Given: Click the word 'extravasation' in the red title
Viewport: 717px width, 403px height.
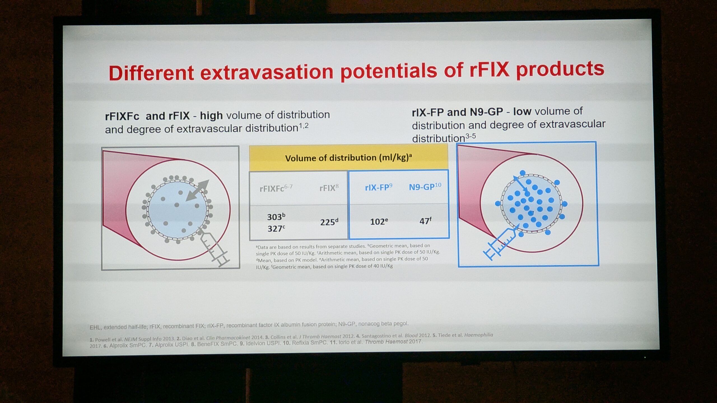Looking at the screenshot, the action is (267, 72).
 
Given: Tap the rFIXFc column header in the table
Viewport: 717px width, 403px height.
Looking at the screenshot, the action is (276, 188).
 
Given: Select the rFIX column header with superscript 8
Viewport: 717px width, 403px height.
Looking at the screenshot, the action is (329, 188).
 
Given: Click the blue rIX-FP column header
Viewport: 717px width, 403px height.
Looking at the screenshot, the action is (379, 187).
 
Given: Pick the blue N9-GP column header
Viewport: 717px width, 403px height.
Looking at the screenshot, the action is (425, 186).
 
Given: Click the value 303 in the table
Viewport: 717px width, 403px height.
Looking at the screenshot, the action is (276, 217).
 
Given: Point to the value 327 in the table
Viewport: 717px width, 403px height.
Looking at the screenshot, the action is (276, 228).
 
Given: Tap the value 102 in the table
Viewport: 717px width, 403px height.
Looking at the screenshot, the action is (379, 221).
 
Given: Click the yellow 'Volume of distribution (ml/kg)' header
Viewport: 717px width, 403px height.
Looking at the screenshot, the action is (348, 158).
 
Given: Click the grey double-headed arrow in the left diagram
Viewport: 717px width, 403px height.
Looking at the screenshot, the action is (197, 190).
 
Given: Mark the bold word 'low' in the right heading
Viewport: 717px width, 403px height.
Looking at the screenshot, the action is (522, 111).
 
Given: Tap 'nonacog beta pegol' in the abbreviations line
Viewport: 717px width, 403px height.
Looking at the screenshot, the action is (383, 324).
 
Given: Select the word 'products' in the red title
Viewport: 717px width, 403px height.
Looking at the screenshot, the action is (560, 69).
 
